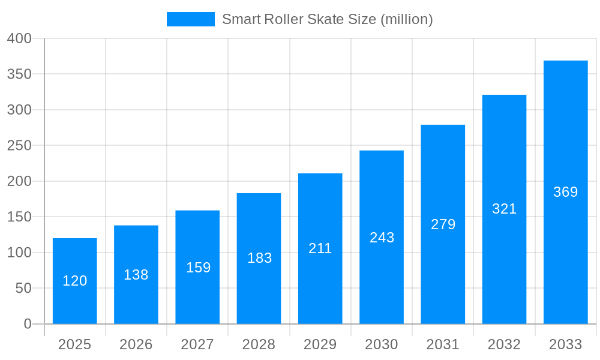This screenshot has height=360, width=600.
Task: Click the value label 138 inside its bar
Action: [136, 275]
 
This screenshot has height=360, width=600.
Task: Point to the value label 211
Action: [320, 248]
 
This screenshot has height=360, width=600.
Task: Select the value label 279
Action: [443, 224]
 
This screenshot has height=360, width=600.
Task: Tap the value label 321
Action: [504, 209]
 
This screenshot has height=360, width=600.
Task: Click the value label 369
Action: [565, 192]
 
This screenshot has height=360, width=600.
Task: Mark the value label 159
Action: [198, 268]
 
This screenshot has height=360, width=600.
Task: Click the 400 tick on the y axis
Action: [19, 38]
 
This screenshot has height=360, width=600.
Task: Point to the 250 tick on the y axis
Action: [19, 145]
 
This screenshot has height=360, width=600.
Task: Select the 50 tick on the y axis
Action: [23, 288]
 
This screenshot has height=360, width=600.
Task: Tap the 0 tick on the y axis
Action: [27, 324]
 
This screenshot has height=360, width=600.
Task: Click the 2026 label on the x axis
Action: [136, 344]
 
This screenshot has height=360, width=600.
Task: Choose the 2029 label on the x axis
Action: [320, 344]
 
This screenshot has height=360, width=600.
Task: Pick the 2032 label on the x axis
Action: [504, 344]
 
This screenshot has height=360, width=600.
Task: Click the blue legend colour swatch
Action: [190, 19]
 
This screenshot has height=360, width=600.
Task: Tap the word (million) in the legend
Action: [407, 19]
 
